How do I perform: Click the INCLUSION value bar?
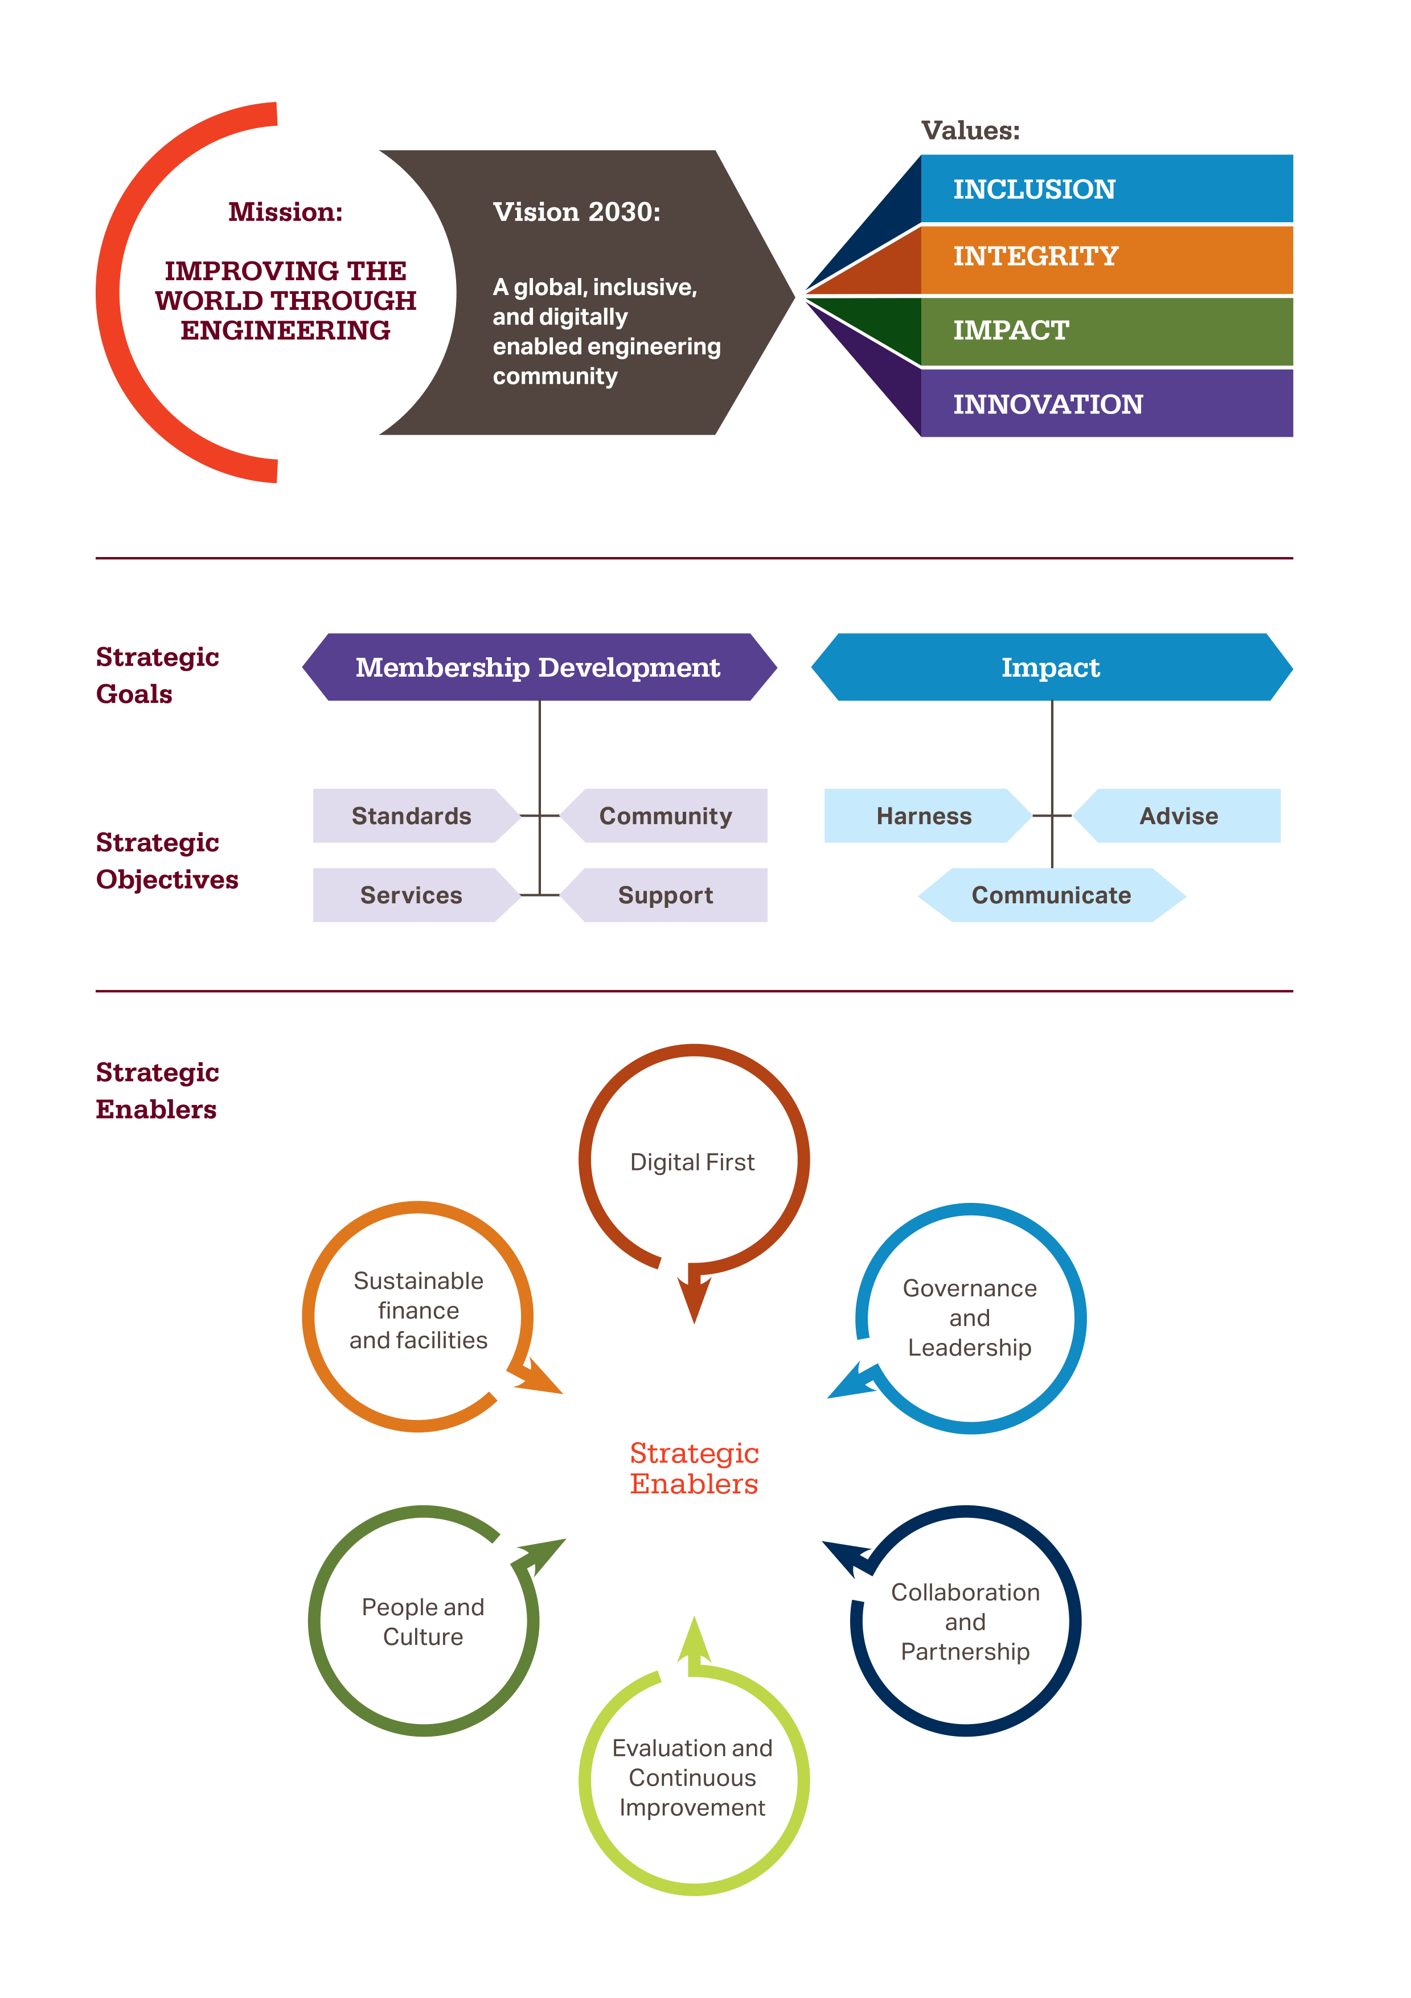click(1105, 189)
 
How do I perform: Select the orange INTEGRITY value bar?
click(1105, 259)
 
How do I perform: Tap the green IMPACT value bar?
click(1105, 331)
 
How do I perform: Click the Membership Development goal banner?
click(539, 668)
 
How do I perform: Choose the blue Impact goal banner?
click(1051, 668)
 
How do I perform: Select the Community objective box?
click(666, 816)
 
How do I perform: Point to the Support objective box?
click(666, 895)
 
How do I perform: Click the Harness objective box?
click(924, 816)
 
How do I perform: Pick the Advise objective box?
click(1179, 816)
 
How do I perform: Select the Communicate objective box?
click(1051, 895)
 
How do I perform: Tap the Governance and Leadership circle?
click(970, 1317)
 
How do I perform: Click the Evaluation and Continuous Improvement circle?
click(694, 1778)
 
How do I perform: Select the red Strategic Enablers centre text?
click(694, 1468)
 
